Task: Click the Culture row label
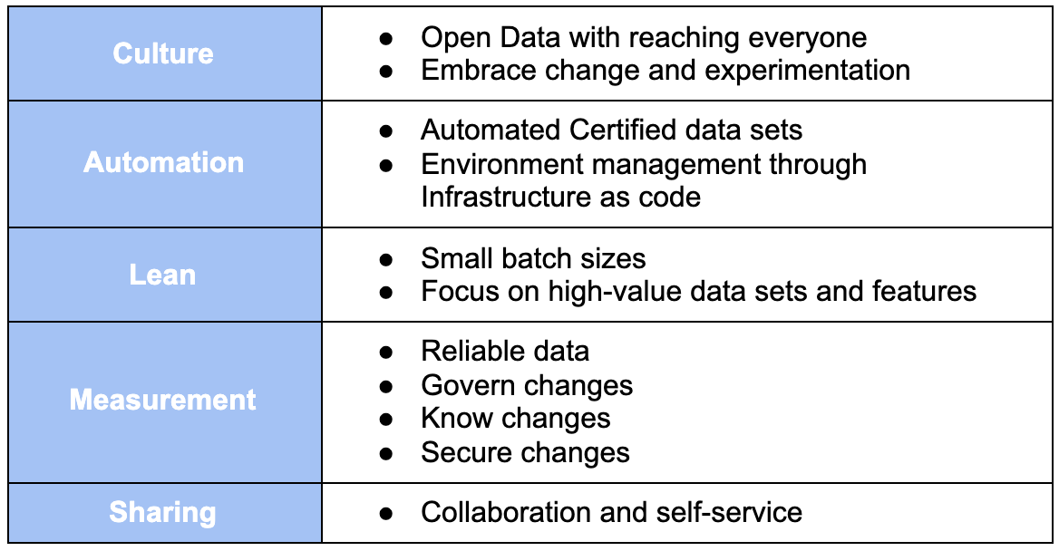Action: pos(163,53)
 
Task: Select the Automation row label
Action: pos(164,163)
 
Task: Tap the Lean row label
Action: pos(163,275)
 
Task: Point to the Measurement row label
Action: pos(163,400)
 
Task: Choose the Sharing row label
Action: pos(163,513)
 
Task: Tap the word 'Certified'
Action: pos(624,130)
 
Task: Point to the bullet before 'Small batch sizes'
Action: pos(386,259)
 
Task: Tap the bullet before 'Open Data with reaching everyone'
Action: pos(386,38)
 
